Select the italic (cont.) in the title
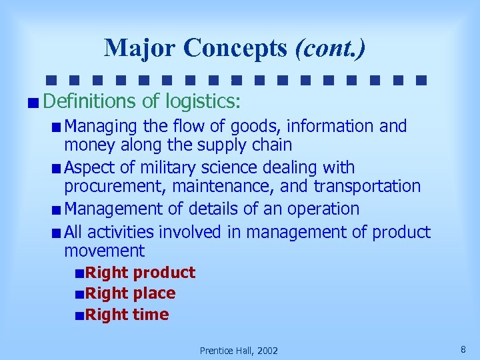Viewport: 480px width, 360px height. (x=330, y=48)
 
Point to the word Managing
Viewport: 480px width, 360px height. (x=100, y=126)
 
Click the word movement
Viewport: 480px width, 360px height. (x=104, y=251)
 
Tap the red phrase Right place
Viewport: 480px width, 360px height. (x=130, y=293)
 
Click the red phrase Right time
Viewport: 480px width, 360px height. (x=127, y=315)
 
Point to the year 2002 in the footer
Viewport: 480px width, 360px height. (x=267, y=351)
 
